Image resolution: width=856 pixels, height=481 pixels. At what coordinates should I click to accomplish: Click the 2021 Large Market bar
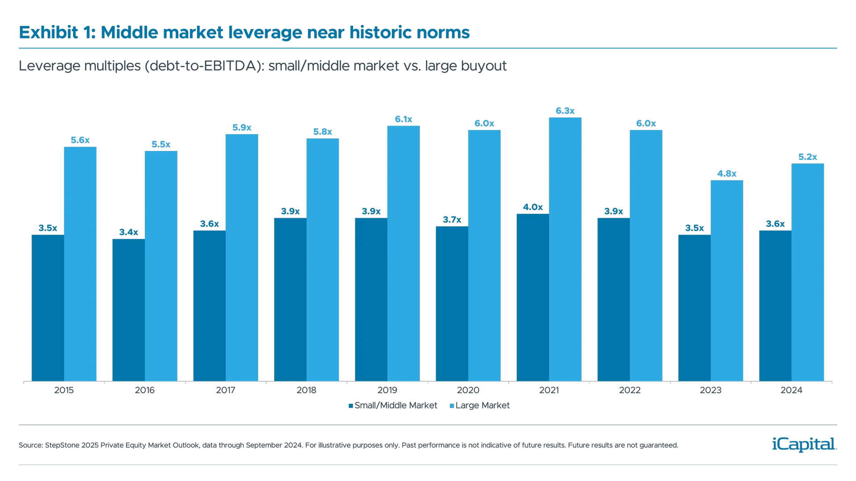565,249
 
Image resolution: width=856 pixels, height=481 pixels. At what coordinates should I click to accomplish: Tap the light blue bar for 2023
727,281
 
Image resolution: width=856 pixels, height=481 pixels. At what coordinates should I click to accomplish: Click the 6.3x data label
565,111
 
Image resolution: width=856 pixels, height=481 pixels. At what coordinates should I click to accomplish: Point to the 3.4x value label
129,232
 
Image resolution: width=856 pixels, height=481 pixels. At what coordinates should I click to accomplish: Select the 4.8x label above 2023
727,174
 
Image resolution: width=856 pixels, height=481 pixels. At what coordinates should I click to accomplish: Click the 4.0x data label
533,207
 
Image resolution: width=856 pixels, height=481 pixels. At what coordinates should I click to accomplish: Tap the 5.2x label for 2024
807,157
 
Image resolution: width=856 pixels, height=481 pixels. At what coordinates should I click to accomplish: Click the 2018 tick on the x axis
306,391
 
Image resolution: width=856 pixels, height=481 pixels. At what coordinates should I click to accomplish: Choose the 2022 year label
630,391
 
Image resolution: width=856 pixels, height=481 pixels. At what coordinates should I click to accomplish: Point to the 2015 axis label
64,391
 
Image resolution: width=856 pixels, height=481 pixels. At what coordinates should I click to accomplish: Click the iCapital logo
802,444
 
